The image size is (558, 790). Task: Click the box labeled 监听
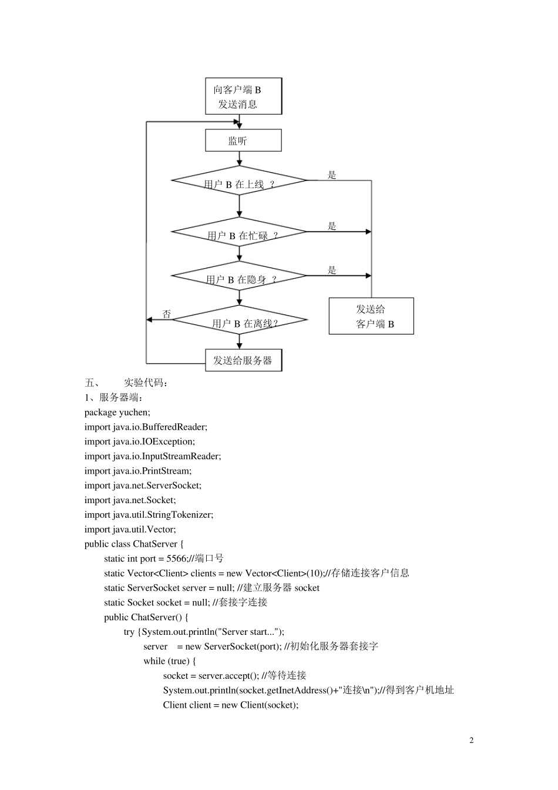[243, 140]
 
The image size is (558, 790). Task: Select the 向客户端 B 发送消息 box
[243, 96]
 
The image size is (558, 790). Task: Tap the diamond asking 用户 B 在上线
[239, 181]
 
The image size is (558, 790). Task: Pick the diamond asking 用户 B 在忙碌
[239, 232]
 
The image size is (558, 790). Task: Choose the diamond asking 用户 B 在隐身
[239, 276]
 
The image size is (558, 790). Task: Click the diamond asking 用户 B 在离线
[239, 320]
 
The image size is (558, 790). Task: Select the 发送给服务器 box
[243, 360]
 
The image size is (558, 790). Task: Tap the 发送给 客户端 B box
[371, 316]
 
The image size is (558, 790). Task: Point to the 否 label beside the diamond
[167, 314]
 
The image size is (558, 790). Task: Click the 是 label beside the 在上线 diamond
[332, 175]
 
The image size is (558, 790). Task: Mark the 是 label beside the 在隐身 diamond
[332, 270]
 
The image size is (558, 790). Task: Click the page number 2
[471, 740]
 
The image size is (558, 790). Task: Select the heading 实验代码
[146, 383]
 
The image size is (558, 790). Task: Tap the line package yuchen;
[117, 413]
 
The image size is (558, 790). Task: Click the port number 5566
[176, 559]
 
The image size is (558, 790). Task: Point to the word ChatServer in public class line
[154, 544]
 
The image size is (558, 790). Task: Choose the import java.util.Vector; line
[130, 530]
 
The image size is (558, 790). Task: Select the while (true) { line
[170, 661]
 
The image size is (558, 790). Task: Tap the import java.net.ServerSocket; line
[143, 486]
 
